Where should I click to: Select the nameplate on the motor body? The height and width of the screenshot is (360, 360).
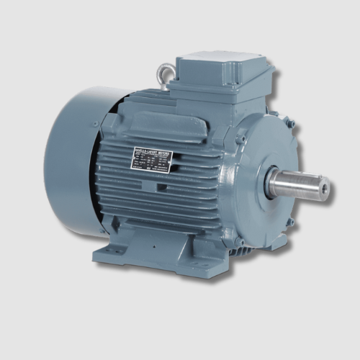pyautogui.click(x=151, y=160)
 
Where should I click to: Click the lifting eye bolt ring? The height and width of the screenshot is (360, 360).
pyautogui.click(x=166, y=73)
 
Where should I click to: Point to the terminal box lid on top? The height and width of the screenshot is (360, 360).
pyautogui.click(x=216, y=60)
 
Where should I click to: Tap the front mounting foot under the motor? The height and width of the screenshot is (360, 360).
pyautogui.click(x=155, y=252)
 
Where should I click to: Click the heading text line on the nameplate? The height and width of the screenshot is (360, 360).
pyautogui.click(x=151, y=151)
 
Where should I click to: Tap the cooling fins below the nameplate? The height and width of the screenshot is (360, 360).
pyautogui.click(x=166, y=198)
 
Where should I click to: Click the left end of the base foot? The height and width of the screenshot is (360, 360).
pyautogui.click(x=101, y=253)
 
